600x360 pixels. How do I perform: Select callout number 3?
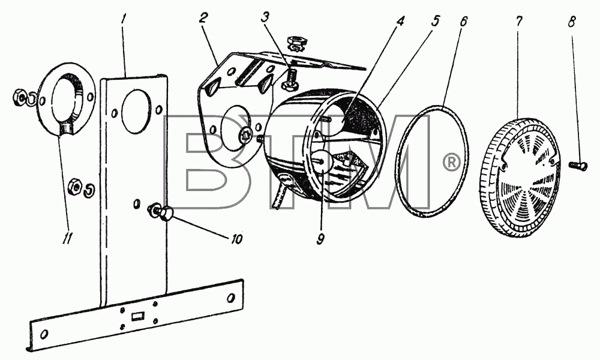tap(265, 19)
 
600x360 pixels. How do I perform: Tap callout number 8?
tap(571, 22)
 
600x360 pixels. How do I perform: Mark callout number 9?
tap(320, 239)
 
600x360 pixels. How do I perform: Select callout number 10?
tap(236, 239)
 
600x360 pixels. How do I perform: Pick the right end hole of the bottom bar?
tap(230, 297)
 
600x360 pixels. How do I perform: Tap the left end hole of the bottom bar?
tap(45, 334)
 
